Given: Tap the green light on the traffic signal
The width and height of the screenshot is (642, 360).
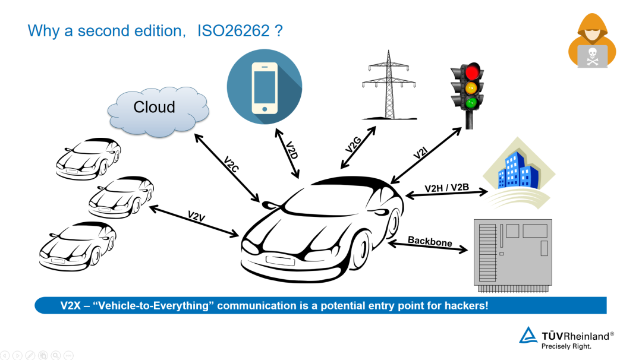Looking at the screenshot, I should pos(472,103).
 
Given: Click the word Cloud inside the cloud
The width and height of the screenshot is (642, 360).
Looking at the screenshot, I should pos(154,107).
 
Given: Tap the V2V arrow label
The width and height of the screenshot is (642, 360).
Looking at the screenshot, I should pos(196,216).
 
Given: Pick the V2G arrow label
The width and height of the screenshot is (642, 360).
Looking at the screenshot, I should pos(353,147).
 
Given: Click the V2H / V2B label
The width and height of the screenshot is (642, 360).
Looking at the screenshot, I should pos(446,188).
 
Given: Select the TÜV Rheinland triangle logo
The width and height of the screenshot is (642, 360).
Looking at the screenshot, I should pos(528,336).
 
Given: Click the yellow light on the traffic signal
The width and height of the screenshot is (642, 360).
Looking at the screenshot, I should pos(472,88).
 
